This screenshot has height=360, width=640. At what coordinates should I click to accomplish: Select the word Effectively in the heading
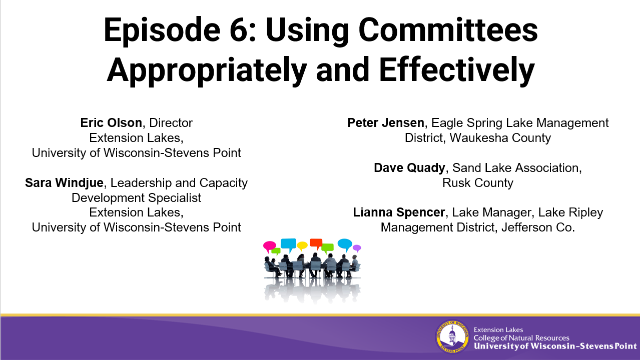(x=456, y=70)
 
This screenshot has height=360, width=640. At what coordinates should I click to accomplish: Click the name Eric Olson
(x=111, y=123)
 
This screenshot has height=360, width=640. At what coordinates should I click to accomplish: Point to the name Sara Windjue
(x=64, y=182)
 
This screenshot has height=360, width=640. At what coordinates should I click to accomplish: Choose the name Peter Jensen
(x=386, y=123)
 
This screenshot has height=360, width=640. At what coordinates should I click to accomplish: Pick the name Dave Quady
(x=409, y=168)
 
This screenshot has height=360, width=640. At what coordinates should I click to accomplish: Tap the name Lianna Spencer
(x=399, y=212)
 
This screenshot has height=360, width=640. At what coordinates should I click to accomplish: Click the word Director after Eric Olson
(x=171, y=123)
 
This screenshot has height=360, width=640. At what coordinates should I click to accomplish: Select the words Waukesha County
(x=500, y=138)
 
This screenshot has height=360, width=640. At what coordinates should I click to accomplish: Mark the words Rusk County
(x=478, y=182)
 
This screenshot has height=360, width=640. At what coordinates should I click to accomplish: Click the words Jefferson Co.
(x=538, y=227)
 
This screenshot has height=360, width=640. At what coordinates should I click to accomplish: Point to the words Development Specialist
(x=136, y=198)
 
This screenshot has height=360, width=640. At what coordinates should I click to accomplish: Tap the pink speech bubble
(x=269, y=246)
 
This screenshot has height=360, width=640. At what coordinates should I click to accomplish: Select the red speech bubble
(x=316, y=243)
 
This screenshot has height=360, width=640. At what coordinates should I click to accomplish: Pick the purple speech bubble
(x=357, y=248)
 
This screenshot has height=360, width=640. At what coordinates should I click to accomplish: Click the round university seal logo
(x=452, y=337)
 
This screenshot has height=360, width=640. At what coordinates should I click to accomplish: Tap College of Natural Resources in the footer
(x=521, y=338)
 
